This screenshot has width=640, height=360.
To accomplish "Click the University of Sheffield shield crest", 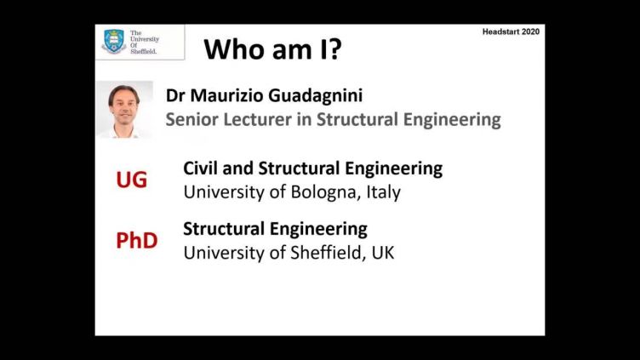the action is pos(114,41).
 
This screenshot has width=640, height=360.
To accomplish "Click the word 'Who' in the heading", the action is pos(227,49).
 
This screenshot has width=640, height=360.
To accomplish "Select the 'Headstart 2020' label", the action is pos(511,31).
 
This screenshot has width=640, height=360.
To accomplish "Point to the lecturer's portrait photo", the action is pos(124,110).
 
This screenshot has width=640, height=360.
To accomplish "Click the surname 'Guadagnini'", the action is pos(316,96).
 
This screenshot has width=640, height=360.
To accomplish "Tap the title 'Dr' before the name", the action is pos(175,96).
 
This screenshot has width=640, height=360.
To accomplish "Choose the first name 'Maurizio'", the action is pos(227,96).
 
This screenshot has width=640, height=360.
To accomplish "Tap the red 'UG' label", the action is pos(131,180).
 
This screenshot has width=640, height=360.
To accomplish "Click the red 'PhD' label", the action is pos(137,240).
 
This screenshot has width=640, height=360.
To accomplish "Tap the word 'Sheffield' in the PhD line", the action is pos(326,253).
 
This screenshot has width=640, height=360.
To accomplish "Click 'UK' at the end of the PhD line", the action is pos(383,253).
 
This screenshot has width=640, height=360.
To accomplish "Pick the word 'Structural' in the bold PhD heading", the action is pos(224,229).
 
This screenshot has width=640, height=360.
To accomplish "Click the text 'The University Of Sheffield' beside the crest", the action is pos(145,42).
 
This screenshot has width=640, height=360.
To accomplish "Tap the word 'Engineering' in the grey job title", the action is pos(452,120).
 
